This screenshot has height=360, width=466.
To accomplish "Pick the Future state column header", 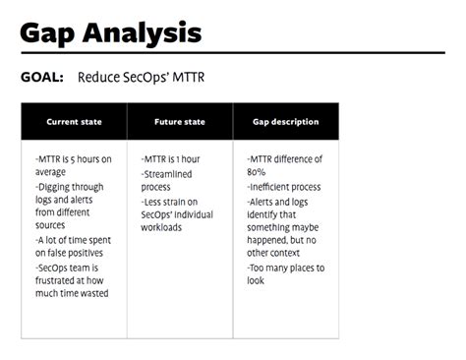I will tap(180, 122).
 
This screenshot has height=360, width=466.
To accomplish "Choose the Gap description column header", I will tap(285, 122).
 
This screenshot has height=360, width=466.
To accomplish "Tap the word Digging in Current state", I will tap(57, 185).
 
